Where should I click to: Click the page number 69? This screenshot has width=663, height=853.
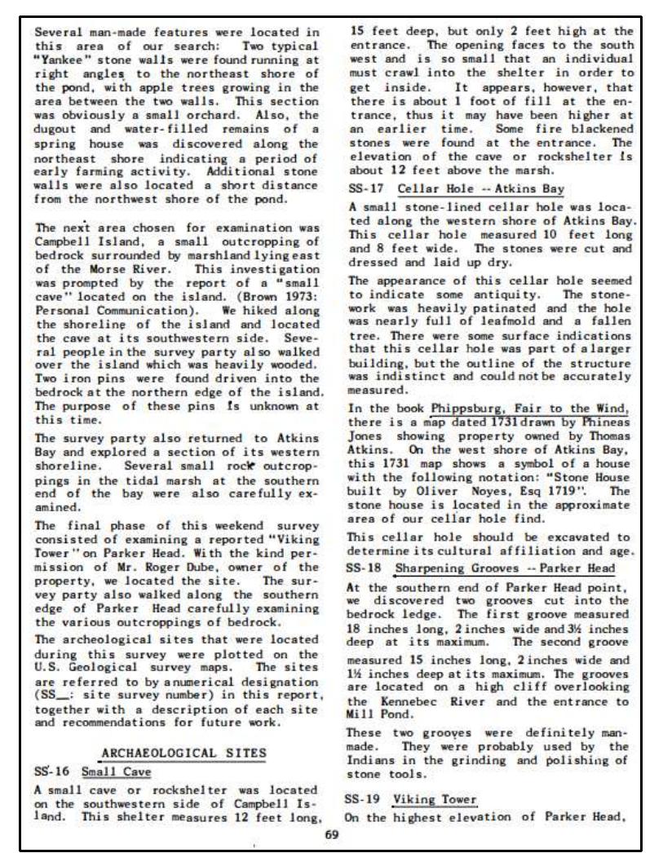pos(331,834)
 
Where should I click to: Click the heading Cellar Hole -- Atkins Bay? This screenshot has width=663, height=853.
pos(480,189)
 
